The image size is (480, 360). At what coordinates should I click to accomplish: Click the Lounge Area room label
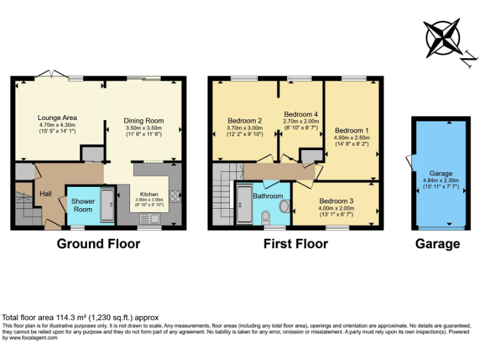click(x=57, y=117)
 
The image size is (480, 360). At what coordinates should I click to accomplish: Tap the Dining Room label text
click(x=144, y=121)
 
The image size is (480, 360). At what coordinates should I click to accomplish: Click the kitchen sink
click(x=151, y=218)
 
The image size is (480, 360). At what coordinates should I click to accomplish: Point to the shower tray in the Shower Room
click(x=107, y=207)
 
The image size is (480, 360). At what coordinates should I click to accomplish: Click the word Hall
click(x=46, y=194)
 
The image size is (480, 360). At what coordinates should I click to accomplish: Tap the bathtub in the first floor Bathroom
click(x=242, y=204)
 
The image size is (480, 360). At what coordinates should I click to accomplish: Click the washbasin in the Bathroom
click(x=284, y=206)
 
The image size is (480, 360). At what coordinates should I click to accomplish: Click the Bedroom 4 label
click(x=301, y=114)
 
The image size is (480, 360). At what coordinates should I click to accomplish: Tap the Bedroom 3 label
click(x=336, y=201)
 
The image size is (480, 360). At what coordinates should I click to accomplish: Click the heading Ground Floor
click(x=98, y=244)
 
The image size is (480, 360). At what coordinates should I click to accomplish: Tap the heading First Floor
click(x=296, y=244)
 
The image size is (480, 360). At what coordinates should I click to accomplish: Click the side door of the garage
click(x=409, y=162)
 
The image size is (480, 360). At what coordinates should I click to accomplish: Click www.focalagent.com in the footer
click(x=31, y=338)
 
